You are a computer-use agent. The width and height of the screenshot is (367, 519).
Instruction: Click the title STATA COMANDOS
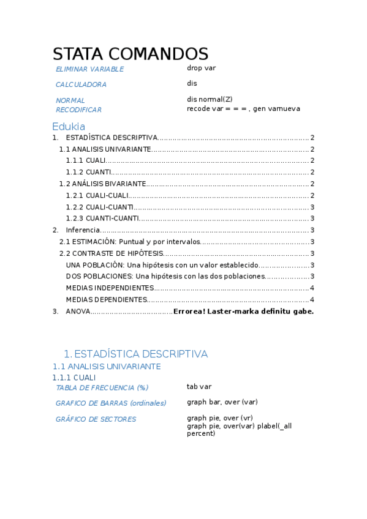coord(130,54)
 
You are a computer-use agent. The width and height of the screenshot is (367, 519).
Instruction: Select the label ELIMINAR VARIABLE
coord(89,70)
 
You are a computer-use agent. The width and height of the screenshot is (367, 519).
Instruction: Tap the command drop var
coord(201,68)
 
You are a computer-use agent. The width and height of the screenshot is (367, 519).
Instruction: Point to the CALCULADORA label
coord(81,85)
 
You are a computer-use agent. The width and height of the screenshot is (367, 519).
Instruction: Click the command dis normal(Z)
coord(210,99)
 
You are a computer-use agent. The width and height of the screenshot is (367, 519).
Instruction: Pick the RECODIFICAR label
coord(78,110)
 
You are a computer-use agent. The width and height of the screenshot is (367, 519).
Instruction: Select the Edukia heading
coord(68,126)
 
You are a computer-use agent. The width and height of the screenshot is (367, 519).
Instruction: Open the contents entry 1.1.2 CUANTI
coord(89,173)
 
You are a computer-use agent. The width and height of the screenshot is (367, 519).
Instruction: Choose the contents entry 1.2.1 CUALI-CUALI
coord(97,196)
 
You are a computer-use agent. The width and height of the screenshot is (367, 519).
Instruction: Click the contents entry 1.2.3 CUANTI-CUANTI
coord(102,218)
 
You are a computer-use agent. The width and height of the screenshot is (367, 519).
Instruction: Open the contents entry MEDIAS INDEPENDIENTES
coord(110,288)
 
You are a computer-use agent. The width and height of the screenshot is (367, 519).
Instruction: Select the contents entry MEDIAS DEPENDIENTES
coord(107,300)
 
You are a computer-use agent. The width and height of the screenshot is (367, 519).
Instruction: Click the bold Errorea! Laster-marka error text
coord(243,312)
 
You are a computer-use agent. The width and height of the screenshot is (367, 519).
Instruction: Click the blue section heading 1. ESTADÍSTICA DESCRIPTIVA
coord(135,354)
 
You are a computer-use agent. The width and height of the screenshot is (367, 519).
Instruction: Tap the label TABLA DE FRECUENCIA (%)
coord(102,387)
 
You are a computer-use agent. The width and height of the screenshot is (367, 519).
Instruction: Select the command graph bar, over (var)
coord(222,402)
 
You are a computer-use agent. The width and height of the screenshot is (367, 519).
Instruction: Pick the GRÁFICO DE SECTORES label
coord(96,419)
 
